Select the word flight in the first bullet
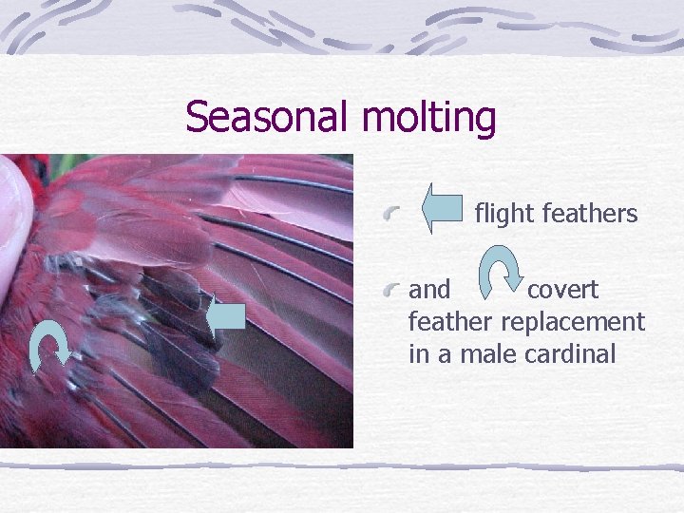click(503, 214)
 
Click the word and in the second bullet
click(429, 289)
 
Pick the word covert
click(562, 289)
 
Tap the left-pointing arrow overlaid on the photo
click(226, 317)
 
